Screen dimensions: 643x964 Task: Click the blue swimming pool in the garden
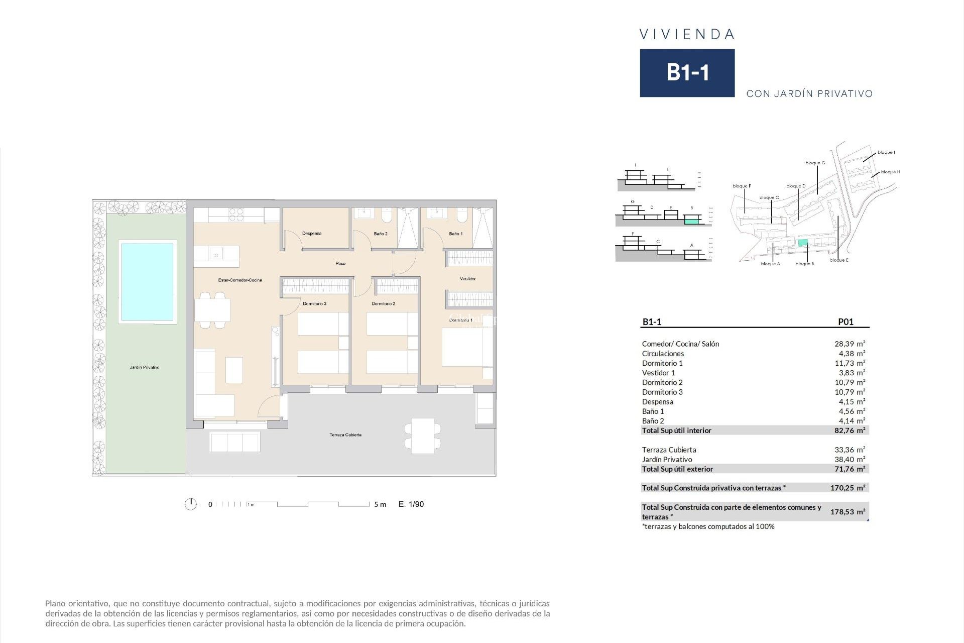[147, 282]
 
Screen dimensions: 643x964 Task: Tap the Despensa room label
[312, 234]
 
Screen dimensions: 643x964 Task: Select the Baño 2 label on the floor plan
[381, 234]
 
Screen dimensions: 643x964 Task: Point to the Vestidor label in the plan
[467, 279]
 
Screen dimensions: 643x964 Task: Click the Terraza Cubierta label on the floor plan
[345, 435]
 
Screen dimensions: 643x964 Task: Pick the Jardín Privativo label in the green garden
[145, 368]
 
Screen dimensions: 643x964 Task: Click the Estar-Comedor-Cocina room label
[240, 280]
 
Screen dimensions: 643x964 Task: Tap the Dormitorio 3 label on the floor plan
[314, 304]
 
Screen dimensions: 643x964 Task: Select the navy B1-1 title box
[687, 73]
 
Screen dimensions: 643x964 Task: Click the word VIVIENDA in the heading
[687, 35]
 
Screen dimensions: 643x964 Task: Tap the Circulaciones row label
[663, 354]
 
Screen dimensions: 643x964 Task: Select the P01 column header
[846, 322]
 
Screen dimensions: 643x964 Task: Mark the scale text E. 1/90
[411, 504]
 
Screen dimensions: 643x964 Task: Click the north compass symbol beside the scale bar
[191, 504]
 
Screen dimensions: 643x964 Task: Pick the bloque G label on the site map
[815, 163]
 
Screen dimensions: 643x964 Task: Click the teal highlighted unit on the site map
[803, 243]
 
